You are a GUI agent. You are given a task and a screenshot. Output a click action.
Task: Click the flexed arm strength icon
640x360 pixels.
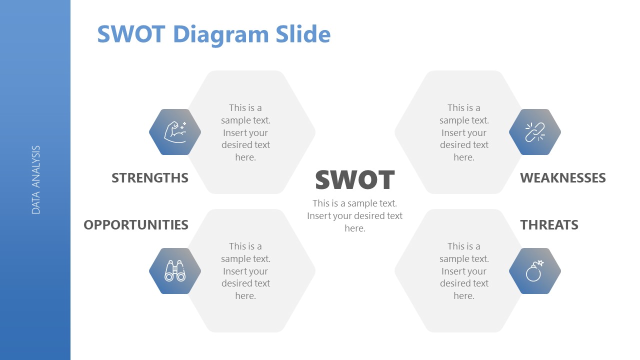click(175, 132)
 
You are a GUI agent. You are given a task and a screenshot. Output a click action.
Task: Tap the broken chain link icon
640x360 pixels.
click(535, 132)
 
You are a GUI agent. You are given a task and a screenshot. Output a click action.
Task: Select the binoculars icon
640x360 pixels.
click(175, 271)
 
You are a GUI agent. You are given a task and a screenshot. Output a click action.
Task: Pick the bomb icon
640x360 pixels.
click(534, 271)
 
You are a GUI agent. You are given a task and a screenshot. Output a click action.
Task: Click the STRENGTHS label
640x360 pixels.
click(150, 178)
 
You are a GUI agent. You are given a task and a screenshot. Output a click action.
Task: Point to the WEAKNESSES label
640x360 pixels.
click(563, 178)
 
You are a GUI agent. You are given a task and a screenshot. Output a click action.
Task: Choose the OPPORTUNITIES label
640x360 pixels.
click(136, 225)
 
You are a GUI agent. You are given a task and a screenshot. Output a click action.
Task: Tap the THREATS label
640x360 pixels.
click(549, 225)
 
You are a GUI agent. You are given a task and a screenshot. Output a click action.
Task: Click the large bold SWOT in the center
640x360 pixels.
click(355, 179)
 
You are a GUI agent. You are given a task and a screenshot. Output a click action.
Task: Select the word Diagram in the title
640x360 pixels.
click(221, 34)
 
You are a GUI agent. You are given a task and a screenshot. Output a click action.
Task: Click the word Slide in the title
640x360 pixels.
click(303, 34)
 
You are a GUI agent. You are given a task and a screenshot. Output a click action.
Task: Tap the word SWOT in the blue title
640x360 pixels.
click(131, 34)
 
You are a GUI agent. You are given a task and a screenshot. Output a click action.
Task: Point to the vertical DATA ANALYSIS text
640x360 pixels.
click(35, 179)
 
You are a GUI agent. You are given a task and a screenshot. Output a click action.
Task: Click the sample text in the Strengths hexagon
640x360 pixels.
click(245, 132)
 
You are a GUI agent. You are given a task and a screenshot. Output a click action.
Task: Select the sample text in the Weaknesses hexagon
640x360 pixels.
click(464, 132)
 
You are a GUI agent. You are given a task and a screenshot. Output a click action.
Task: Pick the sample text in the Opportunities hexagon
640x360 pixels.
click(245, 271)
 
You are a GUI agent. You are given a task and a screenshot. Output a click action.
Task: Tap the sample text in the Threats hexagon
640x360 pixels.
click(464, 271)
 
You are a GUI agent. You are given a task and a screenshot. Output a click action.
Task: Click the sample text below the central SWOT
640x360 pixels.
click(355, 215)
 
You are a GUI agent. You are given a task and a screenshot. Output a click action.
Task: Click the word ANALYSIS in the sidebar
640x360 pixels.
click(35, 166)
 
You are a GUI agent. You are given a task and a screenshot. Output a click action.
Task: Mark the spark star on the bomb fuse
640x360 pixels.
click(540, 263)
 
